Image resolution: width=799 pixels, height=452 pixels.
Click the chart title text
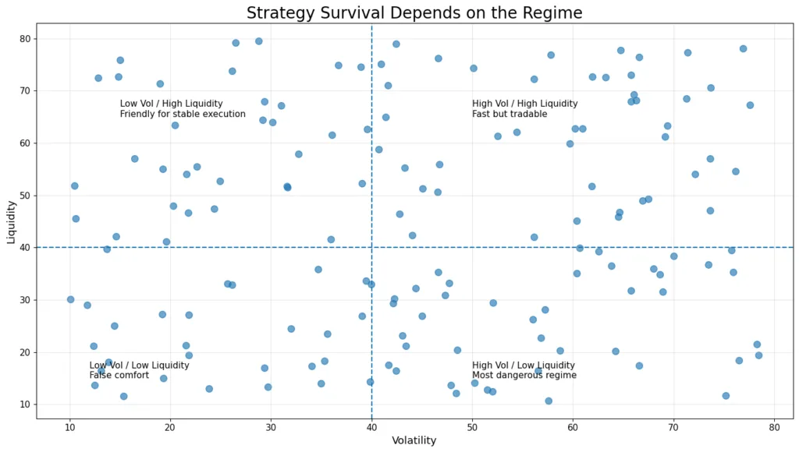click(414, 13)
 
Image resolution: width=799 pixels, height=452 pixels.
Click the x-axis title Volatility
click(414, 441)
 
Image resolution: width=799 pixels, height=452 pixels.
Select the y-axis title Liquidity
click(11, 222)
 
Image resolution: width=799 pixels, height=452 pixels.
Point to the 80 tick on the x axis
click(774, 426)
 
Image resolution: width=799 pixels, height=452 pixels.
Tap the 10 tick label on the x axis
click(69, 426)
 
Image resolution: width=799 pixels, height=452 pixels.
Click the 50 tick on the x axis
click(472, 426)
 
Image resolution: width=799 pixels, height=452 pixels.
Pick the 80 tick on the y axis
click(24, 39)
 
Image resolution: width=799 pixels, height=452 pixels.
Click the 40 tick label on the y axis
click(24, 248)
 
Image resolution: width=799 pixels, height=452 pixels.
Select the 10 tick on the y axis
click(24, 404)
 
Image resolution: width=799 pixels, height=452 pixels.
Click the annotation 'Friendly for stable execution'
click(183, 115)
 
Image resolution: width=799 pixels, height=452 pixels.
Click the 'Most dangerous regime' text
click(524, 376)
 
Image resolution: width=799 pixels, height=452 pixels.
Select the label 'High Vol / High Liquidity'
click(524, 104)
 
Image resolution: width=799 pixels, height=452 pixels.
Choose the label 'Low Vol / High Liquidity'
click(171, 104)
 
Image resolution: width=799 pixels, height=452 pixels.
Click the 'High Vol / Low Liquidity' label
click(523, 365)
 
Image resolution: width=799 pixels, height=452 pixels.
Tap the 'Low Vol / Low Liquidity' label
click(139, 365)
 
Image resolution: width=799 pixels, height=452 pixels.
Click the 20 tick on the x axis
click(170, 426)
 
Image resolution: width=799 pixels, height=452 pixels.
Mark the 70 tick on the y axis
click(24, 91)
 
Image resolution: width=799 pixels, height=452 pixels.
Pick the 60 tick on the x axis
click(573, 426)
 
